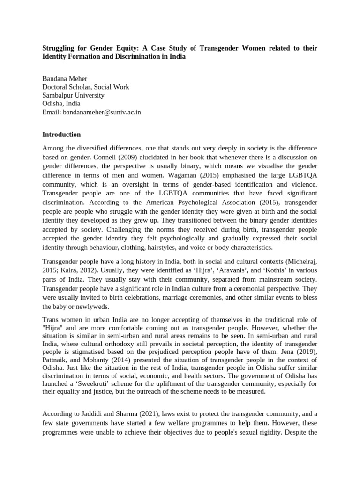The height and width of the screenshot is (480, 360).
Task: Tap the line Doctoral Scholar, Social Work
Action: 85,87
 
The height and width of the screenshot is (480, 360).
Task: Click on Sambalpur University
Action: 73,95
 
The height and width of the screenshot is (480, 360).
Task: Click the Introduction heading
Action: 61,135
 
